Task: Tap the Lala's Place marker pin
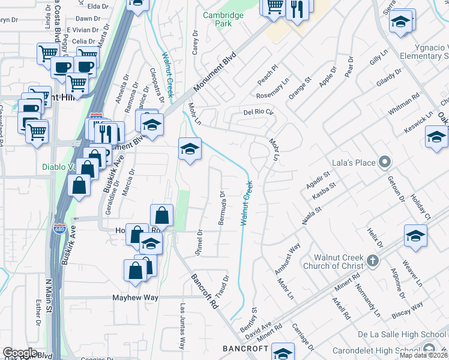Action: [385, 162]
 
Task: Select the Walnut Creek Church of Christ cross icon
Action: [373, 260]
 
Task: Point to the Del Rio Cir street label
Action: [258, 112]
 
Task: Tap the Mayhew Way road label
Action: [135, 297]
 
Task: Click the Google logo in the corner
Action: [20, 353]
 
